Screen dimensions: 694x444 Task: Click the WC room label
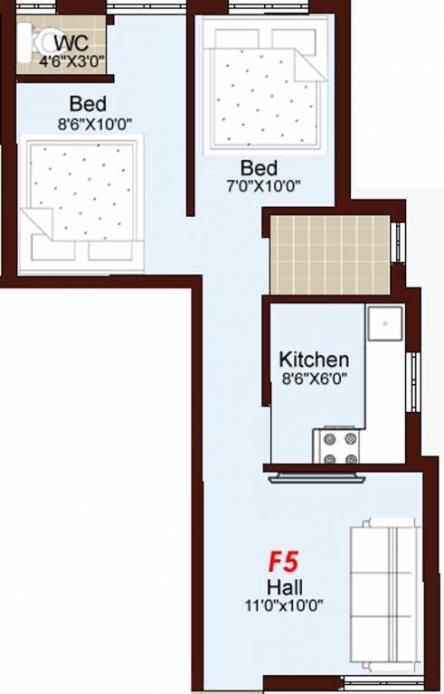(x=71, y=43)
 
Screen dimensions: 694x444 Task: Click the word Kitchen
(x=314, y=360)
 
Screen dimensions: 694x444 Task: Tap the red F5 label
(x=282, y=562)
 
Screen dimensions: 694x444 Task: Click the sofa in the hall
(x=384, y=593)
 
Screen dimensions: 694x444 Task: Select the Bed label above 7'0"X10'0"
(x=259, y=168)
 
